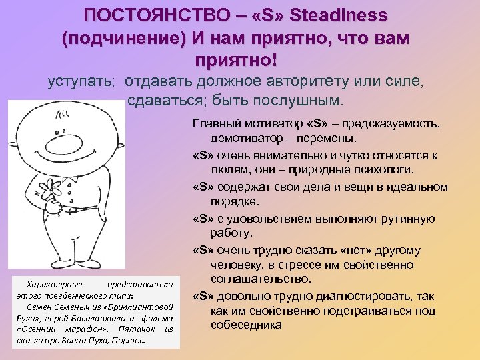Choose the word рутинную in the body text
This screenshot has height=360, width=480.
[405, 219]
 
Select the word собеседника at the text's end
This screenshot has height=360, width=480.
[244, 325]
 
